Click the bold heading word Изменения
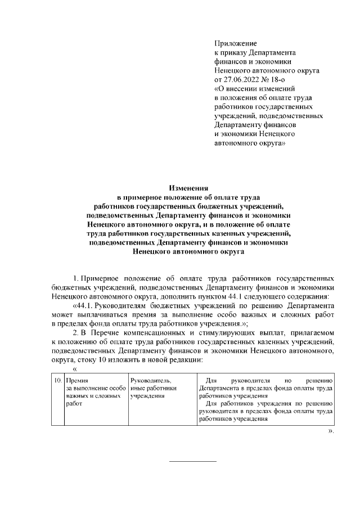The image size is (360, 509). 188,188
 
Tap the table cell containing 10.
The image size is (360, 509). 58,381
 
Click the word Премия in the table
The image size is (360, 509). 77,381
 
